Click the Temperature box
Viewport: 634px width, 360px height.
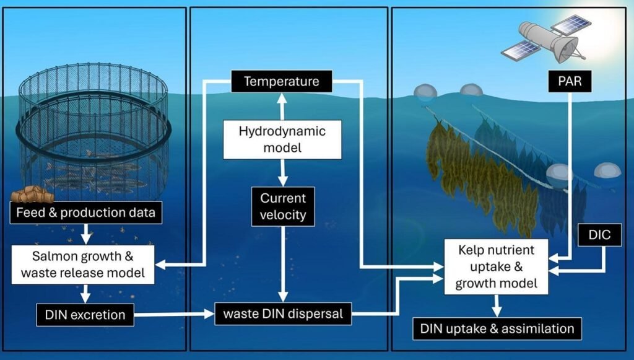[281, 81]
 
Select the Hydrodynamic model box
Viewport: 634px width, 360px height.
[282, 140]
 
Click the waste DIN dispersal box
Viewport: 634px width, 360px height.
[283, 314]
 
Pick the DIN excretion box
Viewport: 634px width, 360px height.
[85, 315]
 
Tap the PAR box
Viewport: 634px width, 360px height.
[570, 81]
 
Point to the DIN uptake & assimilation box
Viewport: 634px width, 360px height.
[498, 328]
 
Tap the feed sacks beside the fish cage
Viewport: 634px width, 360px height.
[30, 195]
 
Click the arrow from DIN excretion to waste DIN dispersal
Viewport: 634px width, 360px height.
[173, 315]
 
